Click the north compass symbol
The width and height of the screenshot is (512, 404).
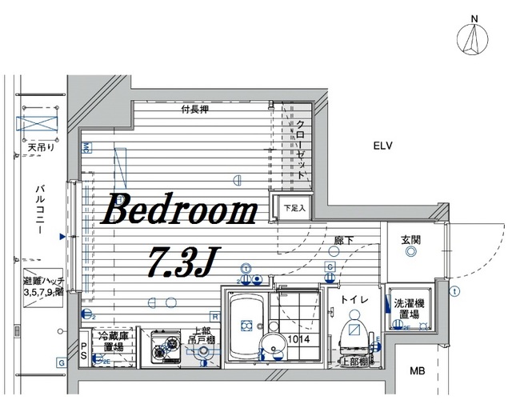(x=474, y=39)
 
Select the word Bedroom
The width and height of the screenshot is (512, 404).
(x=178, y=211)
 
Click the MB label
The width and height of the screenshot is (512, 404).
(x=418, y=371)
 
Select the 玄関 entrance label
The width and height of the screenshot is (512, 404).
(x=411, y=239)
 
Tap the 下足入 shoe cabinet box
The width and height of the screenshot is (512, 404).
(x=289, y=208)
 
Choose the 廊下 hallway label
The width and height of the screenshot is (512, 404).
(x=344, y=238)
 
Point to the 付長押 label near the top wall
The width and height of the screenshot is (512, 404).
(x=194, y=110)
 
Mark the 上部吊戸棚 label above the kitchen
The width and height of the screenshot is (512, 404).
(x=201, y=338)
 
